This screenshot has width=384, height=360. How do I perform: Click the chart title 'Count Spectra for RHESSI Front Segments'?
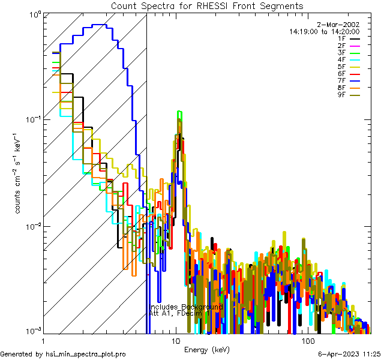pos(207,5)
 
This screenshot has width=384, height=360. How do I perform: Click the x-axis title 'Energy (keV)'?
pos(206,349)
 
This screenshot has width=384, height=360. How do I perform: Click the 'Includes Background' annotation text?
pos(186,307)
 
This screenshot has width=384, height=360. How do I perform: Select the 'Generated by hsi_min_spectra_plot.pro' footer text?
pos(63,355)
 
